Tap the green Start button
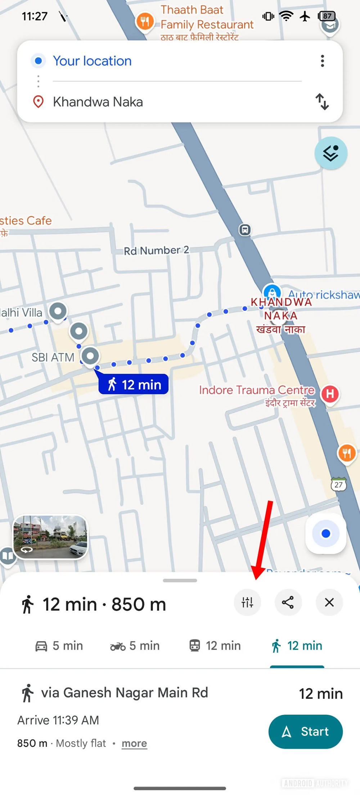click(x=305, y=731)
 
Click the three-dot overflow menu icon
click(x=322, y=61)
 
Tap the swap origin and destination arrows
click(x=322, y=102)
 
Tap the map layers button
click(x=330, y=153)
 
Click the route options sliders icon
click(x=247, y=602)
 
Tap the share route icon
click(x=288, y=602)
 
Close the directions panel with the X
click(x=329, y=602)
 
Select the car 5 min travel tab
click(x=59, y=646)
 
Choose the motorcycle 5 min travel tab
click(x=135, y=646)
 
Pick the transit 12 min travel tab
click(x=215, y=646)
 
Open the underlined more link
click(x=134, y=744)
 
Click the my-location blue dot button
click(x=325, y=533)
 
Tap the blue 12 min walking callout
click(x=134, y=384)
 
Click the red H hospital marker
click(x=330, y=394)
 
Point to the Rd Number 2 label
click(x=156, y=250)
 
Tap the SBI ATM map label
click(x=53, y=357)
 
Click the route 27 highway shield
click(x=338, y=484)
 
